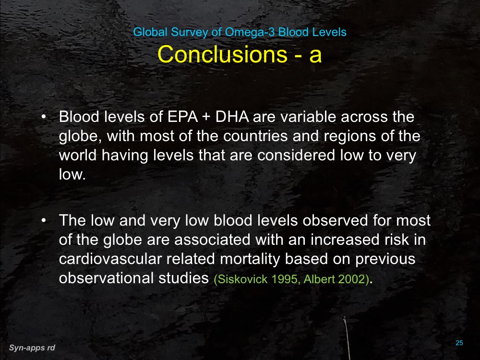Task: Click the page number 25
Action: click(x=459, y=343)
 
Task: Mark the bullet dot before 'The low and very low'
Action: click(x=44, y=221)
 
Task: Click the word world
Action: click(x=76, y=156)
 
